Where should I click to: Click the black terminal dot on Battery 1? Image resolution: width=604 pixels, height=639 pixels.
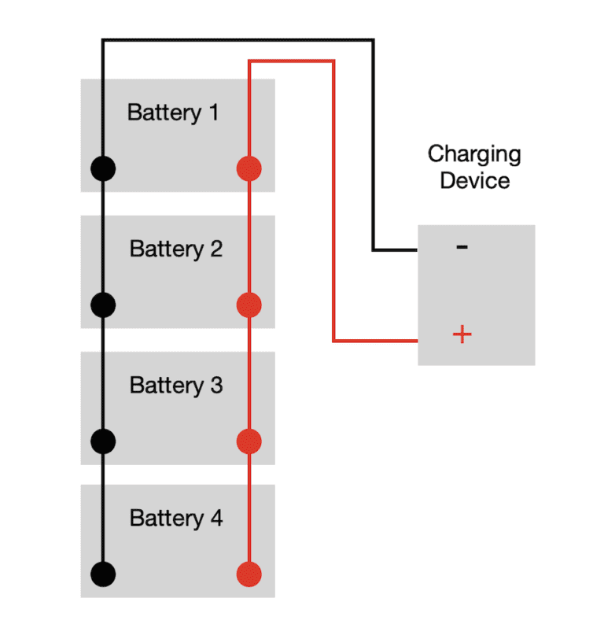[x=103, y=168]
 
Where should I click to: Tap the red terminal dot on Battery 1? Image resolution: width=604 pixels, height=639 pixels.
[x=249, y=168]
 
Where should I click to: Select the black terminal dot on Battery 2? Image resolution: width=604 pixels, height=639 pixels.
[x=103, y=305]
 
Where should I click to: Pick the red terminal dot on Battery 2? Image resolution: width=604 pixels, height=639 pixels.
[x=249, y=305]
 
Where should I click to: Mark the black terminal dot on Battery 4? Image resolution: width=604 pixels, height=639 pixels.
[x=103, y=573]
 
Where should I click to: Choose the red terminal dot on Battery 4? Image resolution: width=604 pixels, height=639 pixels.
[x=249, y=573]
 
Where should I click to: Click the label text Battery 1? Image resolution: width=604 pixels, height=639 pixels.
[x=173, y=113]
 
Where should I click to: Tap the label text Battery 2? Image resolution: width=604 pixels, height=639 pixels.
[x=176, y=249]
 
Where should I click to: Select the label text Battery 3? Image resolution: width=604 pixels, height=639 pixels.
[x=176, y=386]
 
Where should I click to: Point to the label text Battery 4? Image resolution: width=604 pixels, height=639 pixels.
[x=176, y=519]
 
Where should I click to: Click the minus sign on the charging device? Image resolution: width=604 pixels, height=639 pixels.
[x=462, y=248]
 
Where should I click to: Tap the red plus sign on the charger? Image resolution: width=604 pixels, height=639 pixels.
[x=462, y=334]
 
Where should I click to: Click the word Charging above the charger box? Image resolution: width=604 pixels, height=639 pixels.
[x=474, y=154]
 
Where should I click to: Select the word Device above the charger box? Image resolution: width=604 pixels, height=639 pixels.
[x=474, y=180]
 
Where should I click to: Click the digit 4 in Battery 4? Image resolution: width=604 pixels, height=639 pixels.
[x=215, y=519]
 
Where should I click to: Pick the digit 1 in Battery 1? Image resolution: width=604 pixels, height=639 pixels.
[x=213, y=113]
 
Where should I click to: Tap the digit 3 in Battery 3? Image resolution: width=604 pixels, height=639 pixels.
[x=215, y=386]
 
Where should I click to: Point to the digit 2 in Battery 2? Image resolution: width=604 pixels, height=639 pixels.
[x=215, y=249]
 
